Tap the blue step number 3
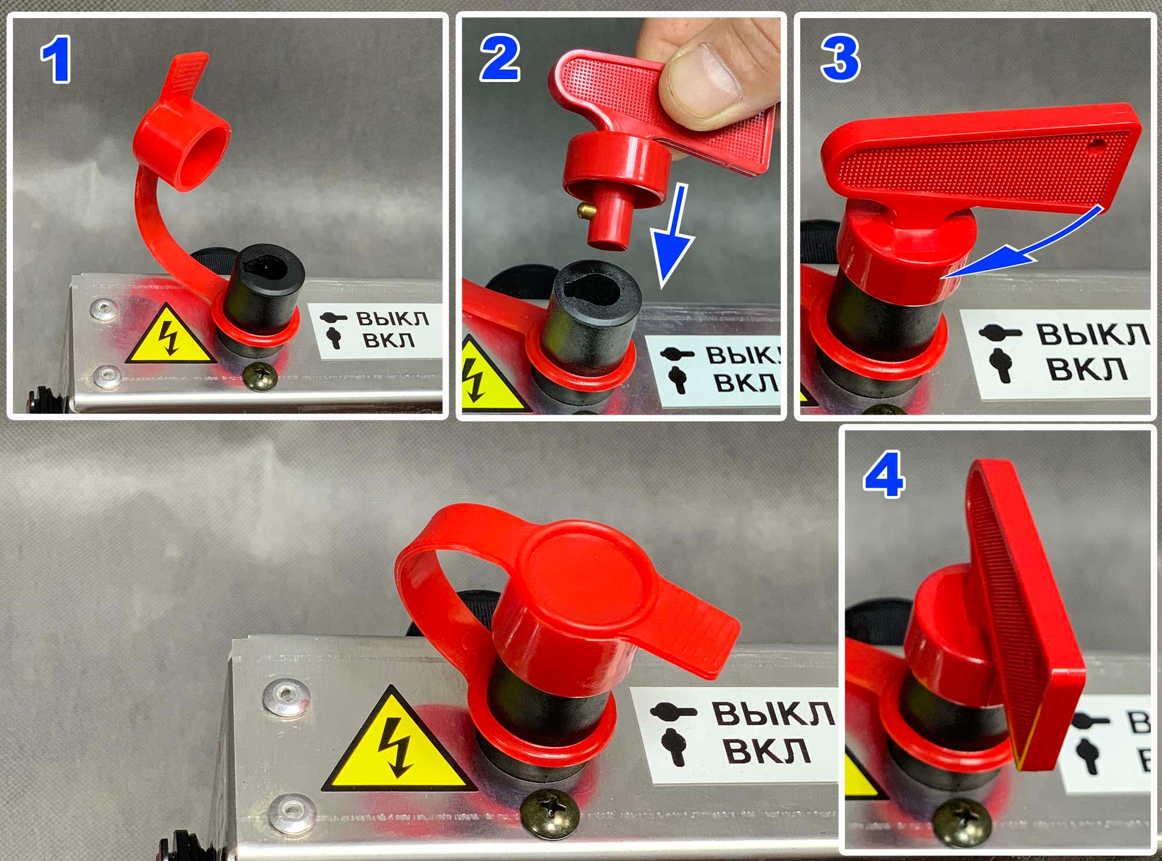[840, 58]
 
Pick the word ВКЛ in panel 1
[389, 340]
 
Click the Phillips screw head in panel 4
[962, 821]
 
